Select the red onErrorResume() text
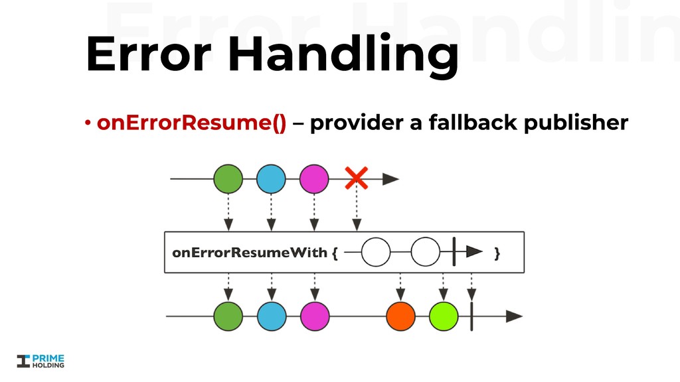click(x=192, y=123)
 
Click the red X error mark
click(x=357, y=178)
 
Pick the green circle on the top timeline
click(x=228, y=179)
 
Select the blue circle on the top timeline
click(x=271, y=179)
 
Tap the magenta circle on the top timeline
click(x=314, y=179)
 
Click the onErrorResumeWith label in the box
click(x=250, y=253)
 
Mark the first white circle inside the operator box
click(x=376, y=252)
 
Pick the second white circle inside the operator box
click(x=425, y=252)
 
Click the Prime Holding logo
click(x=41, y=360)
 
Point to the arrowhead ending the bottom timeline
click(x=514, y=316)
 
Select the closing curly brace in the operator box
click(x=497, y=253)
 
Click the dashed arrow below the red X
click(x=357, y=211)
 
